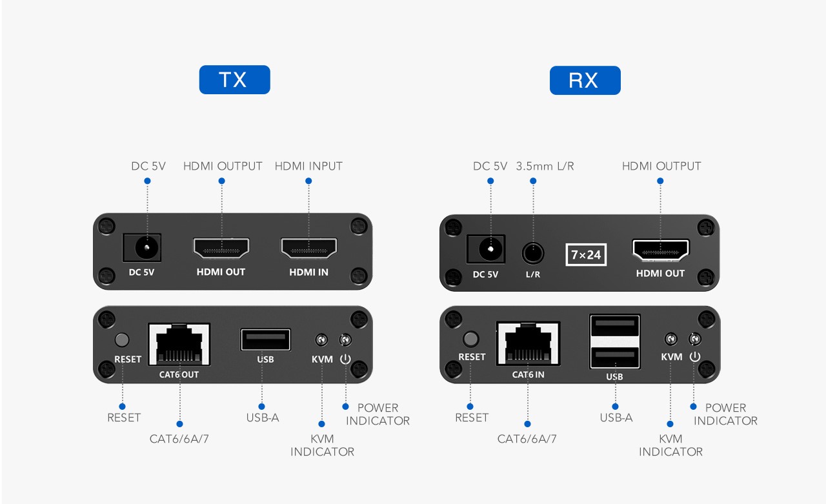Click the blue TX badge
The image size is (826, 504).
click(234, 79)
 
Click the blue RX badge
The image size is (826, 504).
click(585, 81)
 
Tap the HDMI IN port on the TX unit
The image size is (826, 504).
click(309, 248)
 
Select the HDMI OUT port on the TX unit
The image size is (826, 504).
click(221, 248)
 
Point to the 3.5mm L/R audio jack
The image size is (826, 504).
click(533, 253)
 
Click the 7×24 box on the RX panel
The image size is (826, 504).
click(586, 254)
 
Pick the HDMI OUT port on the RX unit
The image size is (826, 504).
click(660, 250)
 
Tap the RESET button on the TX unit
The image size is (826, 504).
click(122, 339)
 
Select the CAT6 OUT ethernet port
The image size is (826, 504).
click(179, 345)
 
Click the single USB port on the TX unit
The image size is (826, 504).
click(265, 339)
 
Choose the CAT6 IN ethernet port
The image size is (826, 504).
click(528, 343)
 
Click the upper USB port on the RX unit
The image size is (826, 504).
click(615, 326)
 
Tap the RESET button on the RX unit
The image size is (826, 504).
click(470, 339)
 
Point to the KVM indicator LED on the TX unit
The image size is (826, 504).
click(321, 339)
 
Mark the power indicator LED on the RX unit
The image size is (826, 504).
click(695, 339)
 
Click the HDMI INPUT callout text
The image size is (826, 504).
click(308, 166)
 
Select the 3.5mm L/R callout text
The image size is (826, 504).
click(545, 166)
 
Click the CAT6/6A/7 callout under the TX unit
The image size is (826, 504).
click(179, 439)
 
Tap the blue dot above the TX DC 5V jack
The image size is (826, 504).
click(147, 181)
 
